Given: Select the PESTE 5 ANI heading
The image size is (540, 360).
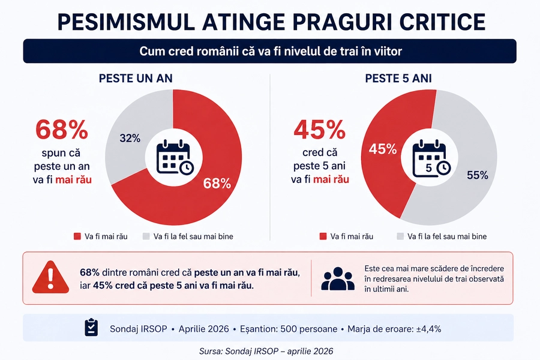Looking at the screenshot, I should (x=398, y=79).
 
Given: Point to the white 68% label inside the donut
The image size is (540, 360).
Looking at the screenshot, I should (x=217, y=184).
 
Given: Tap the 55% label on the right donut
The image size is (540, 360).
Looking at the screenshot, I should (x=478, y=175).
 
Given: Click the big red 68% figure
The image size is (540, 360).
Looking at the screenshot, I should (x=62, y=130).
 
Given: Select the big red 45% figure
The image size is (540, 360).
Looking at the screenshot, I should (x=319, y=130).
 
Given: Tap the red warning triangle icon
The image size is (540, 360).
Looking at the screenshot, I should (x=50, y=278).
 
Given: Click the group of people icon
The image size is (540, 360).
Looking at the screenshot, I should (x=338, y=278).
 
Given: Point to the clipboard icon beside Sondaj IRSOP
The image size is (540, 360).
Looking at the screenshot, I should (x=91, y=328).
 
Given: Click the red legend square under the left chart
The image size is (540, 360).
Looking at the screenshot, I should (x=77, y=236).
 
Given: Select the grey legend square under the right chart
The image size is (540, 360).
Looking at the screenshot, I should (x=400, y=236).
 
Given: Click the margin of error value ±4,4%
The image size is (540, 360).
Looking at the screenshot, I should (x=427, y=329).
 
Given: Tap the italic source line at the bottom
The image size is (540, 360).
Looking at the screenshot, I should (x=269, y=350).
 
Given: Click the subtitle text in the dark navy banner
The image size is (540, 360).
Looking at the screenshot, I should (x=270, y=52).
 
